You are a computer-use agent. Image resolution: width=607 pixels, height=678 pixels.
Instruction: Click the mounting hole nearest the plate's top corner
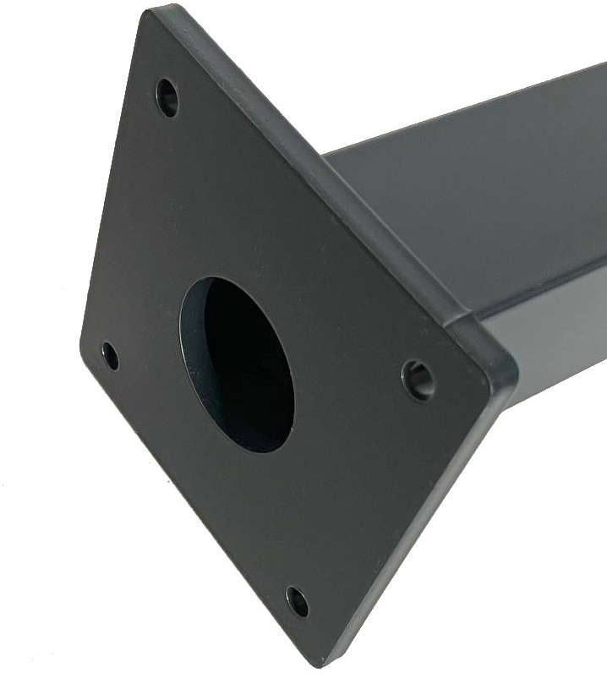[x=167, y=97]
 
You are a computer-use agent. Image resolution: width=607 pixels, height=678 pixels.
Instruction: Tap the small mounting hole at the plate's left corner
[x=110, y=355]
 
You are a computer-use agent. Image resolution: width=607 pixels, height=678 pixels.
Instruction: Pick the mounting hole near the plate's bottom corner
[x=297, y=601]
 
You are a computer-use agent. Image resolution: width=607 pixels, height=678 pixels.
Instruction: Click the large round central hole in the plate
[x=237, y=364]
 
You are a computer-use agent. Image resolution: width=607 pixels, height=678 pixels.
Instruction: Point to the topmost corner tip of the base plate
[x=155, y=10]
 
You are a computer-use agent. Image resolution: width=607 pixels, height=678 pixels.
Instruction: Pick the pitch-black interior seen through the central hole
[x=249, y=372]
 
